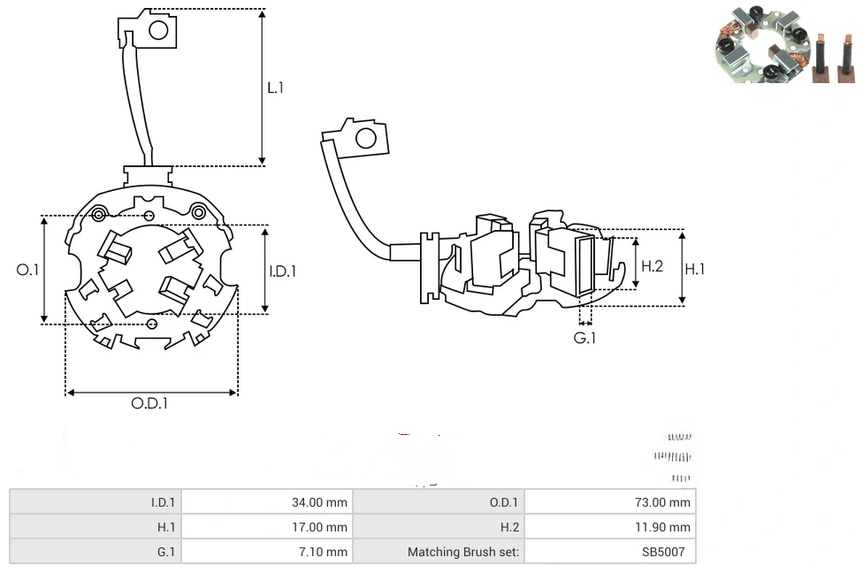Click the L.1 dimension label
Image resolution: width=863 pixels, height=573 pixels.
[276, 88]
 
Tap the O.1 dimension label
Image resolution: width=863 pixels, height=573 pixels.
[28, 270]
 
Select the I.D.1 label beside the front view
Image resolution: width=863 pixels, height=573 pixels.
[283, 271]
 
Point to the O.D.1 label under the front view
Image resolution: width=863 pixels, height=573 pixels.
[149, 403]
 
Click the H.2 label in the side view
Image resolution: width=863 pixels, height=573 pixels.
[652, 266]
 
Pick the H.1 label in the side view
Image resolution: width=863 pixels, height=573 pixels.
[695, 269]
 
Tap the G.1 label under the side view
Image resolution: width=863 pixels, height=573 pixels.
[584, 338]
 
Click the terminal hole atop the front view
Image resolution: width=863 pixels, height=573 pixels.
[158, 31]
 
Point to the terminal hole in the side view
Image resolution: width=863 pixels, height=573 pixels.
[364, 138]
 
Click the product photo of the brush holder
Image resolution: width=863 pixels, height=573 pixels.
[783, 44]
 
